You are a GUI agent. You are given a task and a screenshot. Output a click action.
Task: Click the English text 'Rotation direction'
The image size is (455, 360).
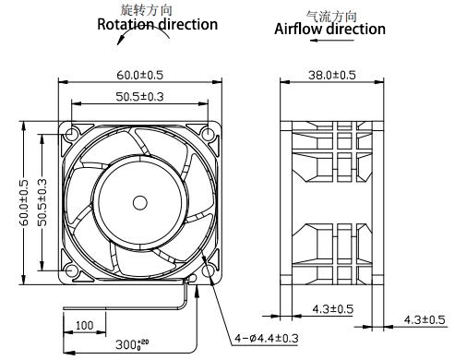[158, 24]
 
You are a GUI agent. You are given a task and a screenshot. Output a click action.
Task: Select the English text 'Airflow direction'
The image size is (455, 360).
[330, 29]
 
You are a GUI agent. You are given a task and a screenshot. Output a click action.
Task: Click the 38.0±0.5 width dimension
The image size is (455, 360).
[329, 75]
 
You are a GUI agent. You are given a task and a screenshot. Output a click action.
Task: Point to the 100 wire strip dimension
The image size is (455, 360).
[84, 326]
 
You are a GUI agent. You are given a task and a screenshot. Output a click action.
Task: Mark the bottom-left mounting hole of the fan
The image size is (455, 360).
[71, 269]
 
